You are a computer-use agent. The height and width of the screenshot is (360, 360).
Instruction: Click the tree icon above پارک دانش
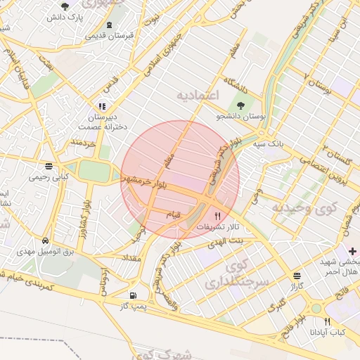coord(65,6)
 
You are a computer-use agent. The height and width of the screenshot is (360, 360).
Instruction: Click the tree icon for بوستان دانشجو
coord(241,105)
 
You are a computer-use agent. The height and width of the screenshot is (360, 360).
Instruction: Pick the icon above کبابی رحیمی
coord(49,167)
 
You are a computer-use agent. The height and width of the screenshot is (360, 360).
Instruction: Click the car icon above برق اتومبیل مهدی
coord(45,240)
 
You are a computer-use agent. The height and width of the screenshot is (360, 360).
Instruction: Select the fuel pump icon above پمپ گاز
coord(133,296)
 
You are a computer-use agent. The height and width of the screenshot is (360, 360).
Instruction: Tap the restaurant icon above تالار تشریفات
coord(217,217)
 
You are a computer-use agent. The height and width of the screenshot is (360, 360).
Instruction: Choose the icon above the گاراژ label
coord(296,276)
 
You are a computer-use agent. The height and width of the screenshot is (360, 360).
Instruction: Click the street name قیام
coord(172,213)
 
